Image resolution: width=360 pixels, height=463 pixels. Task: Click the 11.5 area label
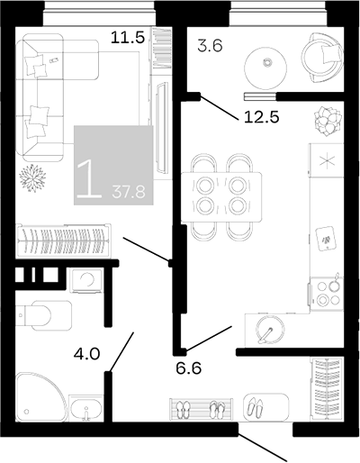point(128,38)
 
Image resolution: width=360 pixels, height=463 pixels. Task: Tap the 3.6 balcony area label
point(210,46)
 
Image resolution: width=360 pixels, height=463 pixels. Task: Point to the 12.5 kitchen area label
point(262,117)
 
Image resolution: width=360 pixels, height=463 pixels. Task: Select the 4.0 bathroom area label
point(87,354)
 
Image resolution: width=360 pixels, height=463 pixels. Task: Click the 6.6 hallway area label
point(188,368)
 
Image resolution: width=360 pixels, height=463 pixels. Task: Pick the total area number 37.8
point(129,192)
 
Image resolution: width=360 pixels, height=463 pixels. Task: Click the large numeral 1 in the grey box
point(89,179)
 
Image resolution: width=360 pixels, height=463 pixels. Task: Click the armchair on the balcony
point(322,58)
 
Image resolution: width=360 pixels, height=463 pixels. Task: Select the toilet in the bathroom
point(44,315)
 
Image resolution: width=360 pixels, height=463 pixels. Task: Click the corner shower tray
point(40,397)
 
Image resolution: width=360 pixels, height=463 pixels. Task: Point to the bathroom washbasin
point(86,409)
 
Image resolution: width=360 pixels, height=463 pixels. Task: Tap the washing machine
point(86,280)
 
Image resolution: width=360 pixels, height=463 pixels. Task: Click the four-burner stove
point(326,294)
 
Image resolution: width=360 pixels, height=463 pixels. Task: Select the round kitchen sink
point(270,330)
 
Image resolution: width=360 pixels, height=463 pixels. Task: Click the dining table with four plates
point(221,196)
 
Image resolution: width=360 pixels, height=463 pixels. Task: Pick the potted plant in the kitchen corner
point(328,121)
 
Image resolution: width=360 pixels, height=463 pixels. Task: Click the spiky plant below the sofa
point(32,178)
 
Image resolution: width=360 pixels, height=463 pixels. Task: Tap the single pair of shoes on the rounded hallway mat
point(255,408)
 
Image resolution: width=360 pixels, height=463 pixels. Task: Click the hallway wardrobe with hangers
point(327,389)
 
